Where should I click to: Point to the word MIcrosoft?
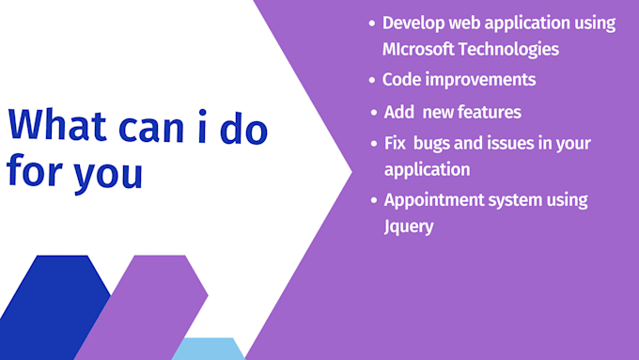(422, 49)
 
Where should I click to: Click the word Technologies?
(511, 49)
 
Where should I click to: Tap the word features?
(485, 112)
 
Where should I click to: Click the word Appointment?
(435, 200)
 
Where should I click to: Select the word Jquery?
(409, 227)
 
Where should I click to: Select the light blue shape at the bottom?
(209, 349)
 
